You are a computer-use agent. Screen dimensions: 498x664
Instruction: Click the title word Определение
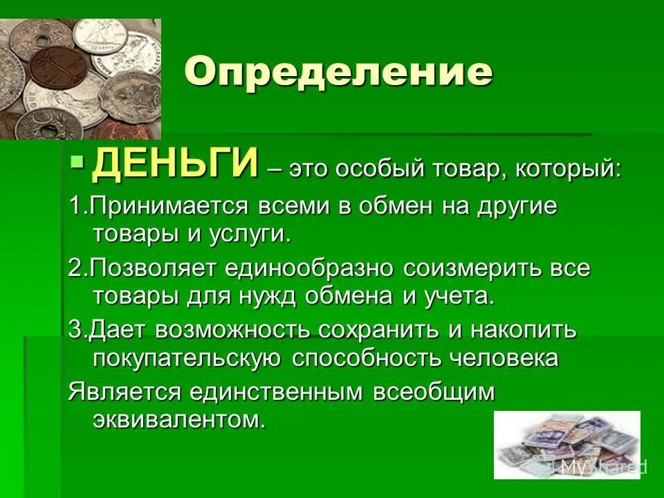(338, 72)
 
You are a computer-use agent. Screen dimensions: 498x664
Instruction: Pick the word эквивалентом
(178, 419)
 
